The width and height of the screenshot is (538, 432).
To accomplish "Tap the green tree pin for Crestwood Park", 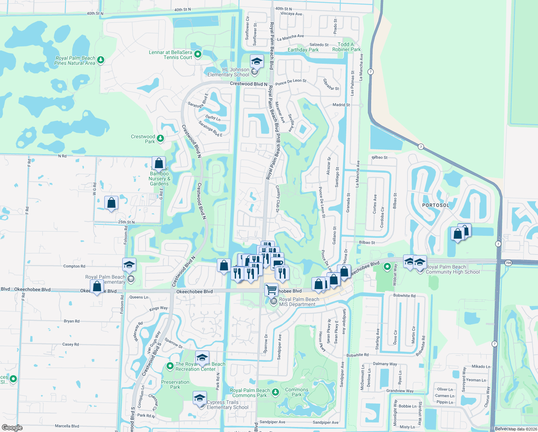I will pos(160,138).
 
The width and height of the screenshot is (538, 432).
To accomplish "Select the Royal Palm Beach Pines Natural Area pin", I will pos(101,60).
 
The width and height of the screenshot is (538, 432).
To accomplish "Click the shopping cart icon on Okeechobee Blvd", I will pos(271,289).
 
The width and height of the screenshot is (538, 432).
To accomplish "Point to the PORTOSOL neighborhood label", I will pos(436,205).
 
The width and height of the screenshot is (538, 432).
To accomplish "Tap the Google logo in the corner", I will pos(12,427).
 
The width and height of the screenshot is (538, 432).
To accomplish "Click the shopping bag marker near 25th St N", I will pos(111,203).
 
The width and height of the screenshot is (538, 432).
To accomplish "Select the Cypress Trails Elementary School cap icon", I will pos(200,398).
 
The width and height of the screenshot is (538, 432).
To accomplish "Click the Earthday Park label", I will pos(303,50).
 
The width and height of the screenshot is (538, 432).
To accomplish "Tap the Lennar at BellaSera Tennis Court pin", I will pos(197,54).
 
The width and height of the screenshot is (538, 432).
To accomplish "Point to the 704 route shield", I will pos(508,263).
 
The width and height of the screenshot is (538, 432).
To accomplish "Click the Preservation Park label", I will pos(175,384).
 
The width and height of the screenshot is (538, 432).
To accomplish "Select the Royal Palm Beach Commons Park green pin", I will pos(275,392).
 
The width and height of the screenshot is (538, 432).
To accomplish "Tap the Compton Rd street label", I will pos(74,266).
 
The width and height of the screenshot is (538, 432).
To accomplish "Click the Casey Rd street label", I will pos(70,345).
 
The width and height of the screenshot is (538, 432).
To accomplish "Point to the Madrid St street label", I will pos(341,105).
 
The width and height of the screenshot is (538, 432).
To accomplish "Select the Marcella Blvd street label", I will pos(67,426).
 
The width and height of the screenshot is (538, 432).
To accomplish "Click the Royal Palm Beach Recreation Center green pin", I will pos(170,366).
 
